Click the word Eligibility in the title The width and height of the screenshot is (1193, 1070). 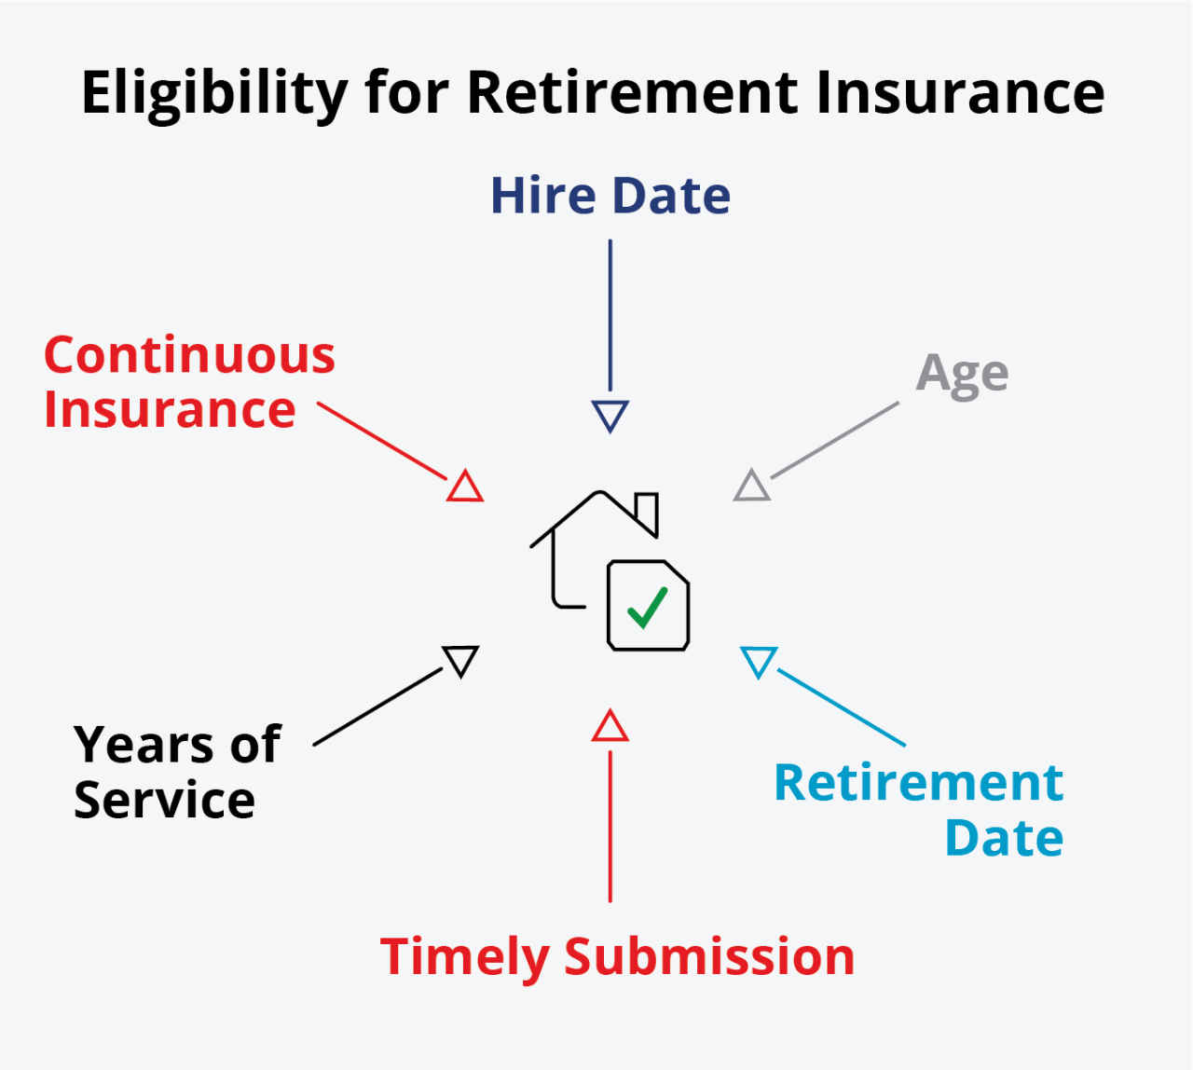pyautogui.click(x=214, y=93)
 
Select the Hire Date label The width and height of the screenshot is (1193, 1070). pyautogui.click(x=610, y=196)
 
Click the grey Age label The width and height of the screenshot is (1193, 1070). pyautogui.click(x=962, y=375)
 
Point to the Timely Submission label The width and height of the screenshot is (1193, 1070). pyautogui.click(x=617, y=957)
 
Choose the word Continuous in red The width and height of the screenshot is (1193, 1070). pyautogui.click(x=189, y=355)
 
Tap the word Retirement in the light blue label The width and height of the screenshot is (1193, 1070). pyautogui.click(x=918, y=783)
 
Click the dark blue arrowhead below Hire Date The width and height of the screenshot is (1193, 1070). pyautogui.click(x=610, y=415)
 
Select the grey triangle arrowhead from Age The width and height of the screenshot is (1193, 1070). pyautogui.click(x=752, y=487)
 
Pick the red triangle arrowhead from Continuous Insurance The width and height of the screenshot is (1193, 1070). pyautogui.click(x=464, y=487)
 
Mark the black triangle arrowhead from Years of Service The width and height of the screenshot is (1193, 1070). pyautogui.click(x=461, y=660)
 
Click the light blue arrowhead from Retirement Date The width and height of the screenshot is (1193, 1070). pyautogui.click(x=759, y=661)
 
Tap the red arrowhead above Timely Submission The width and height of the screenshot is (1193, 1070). pyautogui.click(x=610, y=727)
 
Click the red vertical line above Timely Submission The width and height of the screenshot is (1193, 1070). pyautogui.click(x=610, y=826)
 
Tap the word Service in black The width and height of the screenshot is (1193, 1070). pyautogui.click(x=164, y=801)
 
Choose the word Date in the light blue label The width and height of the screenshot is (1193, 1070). pyautogui.click(x=1004, y=838)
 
